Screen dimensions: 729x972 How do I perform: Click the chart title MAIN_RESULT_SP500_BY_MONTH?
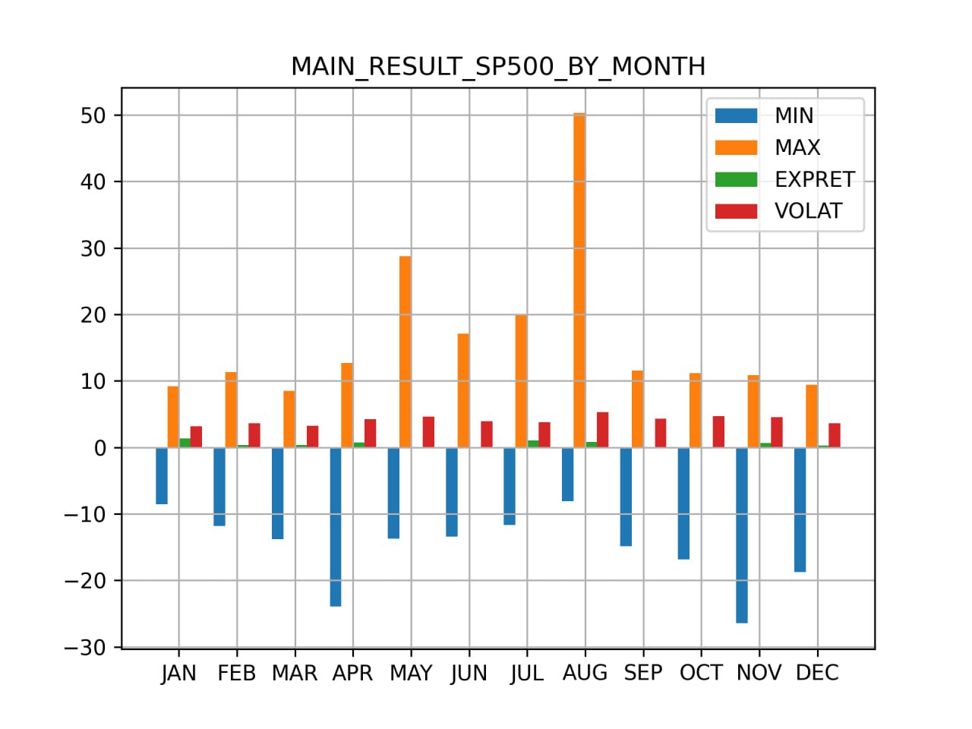(498, 67)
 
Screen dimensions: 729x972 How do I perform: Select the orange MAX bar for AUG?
(579, 280)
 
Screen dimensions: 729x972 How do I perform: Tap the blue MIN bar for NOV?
(741, 535)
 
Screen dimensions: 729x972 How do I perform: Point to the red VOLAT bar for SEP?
(661, 433)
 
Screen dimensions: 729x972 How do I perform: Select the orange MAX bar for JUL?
(521, 381)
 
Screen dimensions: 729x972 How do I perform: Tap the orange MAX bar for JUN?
(463, 390)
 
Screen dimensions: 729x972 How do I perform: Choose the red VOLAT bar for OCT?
(718, 431)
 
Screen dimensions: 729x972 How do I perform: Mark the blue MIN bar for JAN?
(161, 475)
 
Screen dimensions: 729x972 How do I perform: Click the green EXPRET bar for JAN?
(185, 443)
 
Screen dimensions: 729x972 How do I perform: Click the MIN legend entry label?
(794, 115)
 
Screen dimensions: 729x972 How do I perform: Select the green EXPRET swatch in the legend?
(736, 179)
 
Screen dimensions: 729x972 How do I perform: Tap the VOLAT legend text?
(808, 211)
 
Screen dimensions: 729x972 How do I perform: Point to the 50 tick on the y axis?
(93, 115)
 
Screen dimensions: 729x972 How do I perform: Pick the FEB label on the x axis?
(236, 674)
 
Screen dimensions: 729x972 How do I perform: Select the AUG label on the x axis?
(585, 674)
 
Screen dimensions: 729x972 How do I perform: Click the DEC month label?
(817, 674)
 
